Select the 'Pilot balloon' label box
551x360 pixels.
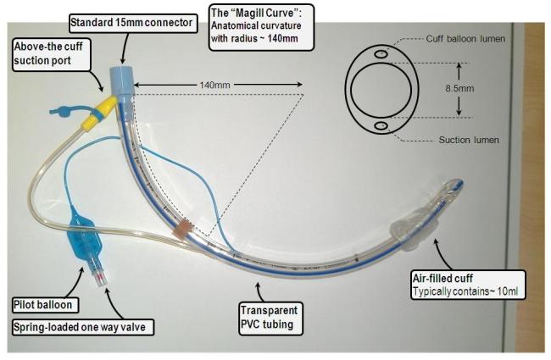tap(47, 303)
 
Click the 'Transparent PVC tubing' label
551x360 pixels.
tap(265, 317)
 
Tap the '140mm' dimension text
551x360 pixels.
tap(216, 85)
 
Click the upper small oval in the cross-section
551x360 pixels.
tap(382, 54)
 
